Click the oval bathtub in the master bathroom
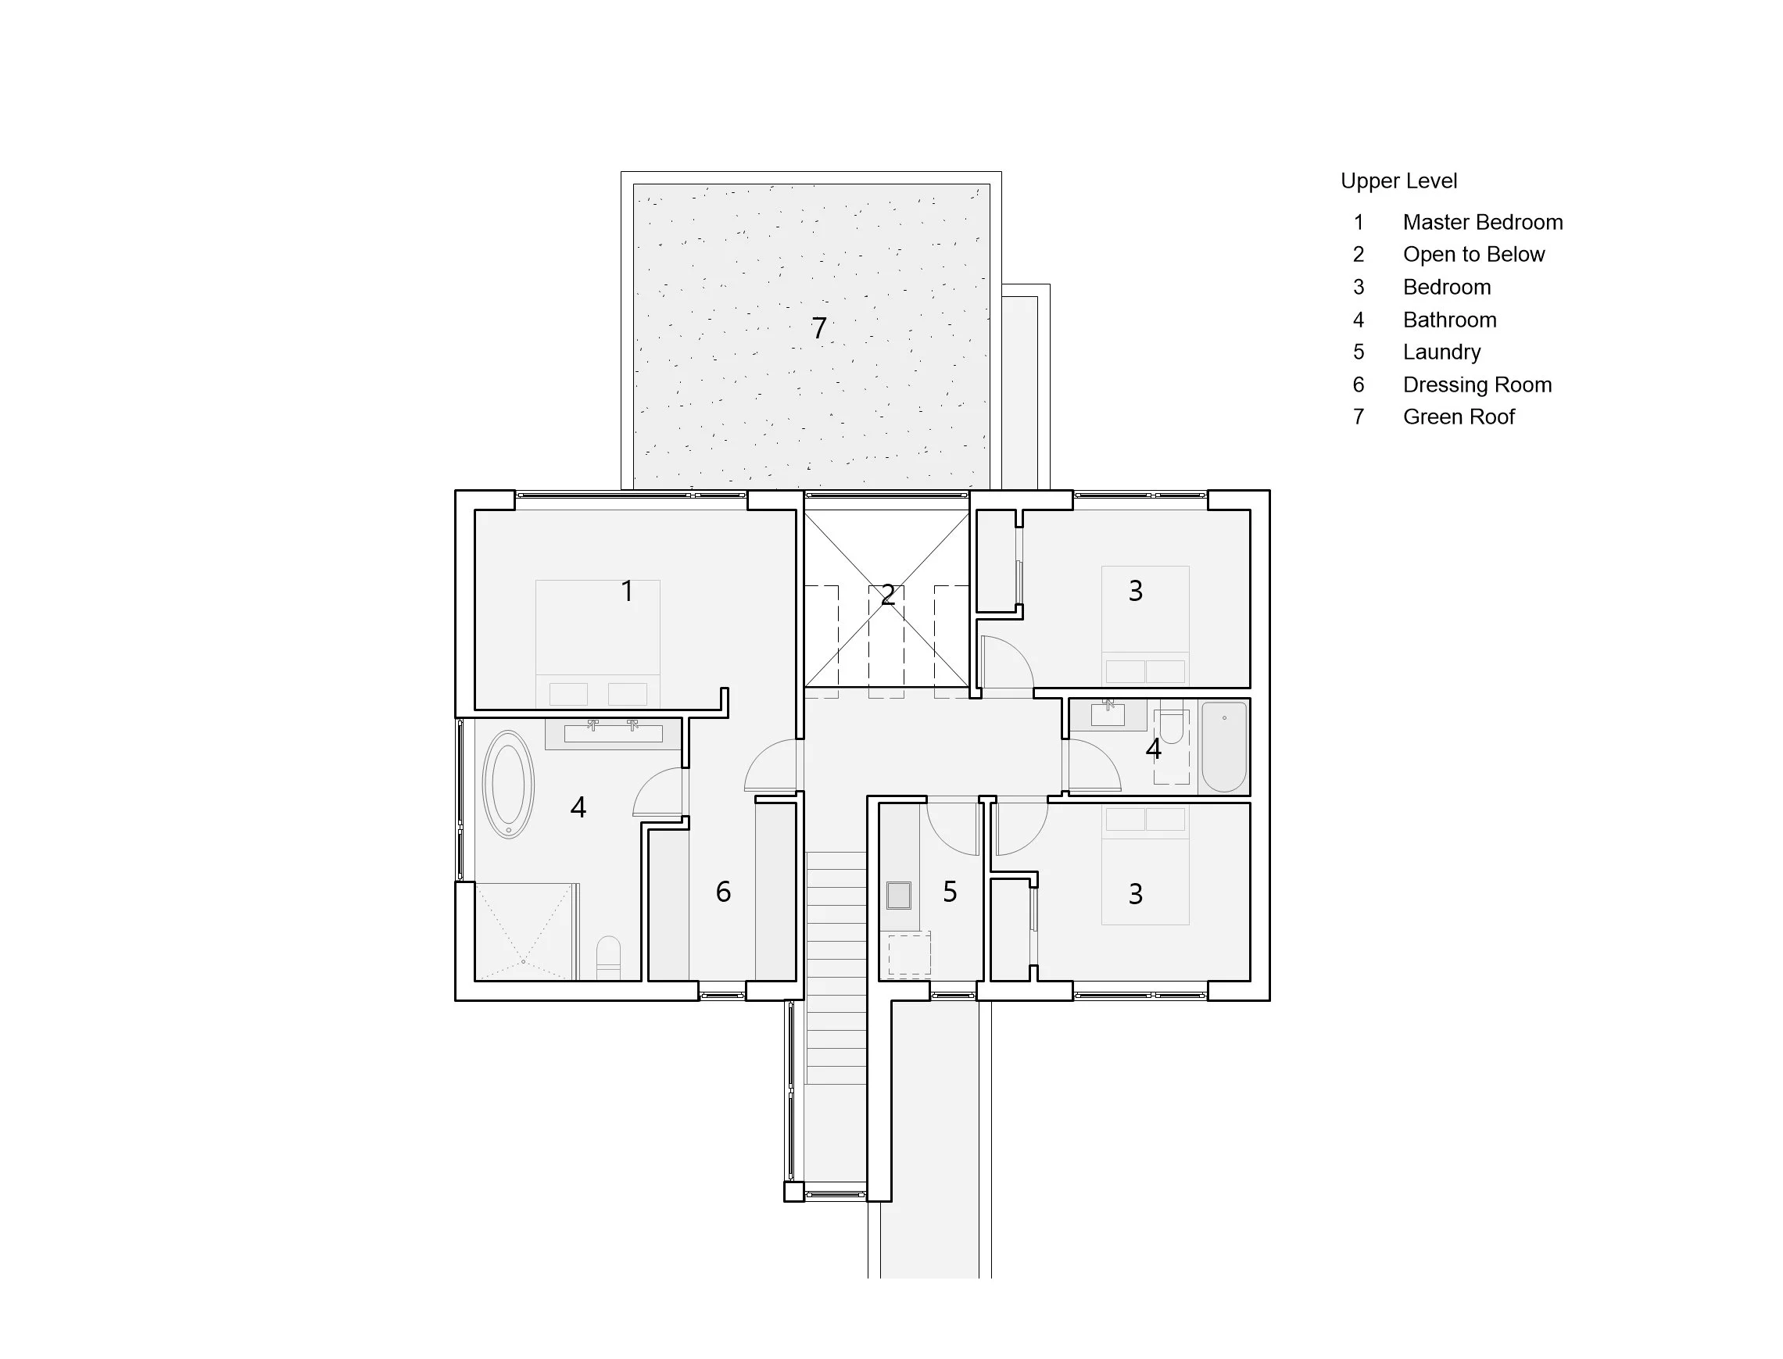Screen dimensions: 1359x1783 point(508,784)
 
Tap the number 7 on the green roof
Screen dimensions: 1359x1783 point(818,327)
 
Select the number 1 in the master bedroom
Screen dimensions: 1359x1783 point(627,592)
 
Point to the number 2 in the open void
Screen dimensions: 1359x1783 point(887,595)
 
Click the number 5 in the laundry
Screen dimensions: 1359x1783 point(950,892)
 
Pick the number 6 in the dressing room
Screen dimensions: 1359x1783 point(723,892)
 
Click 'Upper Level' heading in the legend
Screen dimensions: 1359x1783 point(1398,181)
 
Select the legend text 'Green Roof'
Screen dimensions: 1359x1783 point(1459,417)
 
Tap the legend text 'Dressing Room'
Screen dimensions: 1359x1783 point(1477,384)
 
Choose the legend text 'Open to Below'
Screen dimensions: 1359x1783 point(1474,254)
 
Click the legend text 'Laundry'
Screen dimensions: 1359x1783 point(1441,352)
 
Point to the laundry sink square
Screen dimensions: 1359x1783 point(899,896)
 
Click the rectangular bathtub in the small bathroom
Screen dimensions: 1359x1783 point(1224,746)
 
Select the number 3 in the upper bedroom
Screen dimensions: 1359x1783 point(1136,592)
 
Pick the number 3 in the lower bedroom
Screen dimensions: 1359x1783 point(1136,894)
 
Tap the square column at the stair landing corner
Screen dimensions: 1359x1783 point(793,1192)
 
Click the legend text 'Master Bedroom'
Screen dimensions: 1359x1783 point(1483,222)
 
